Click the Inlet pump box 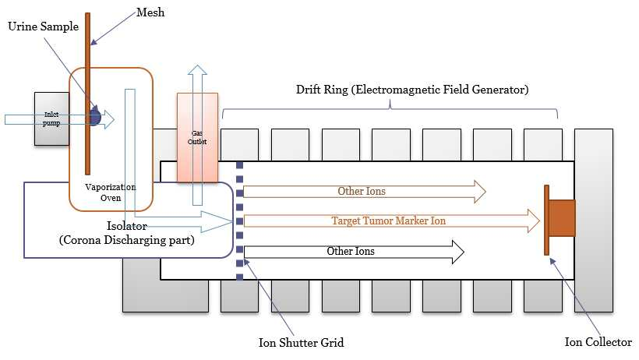click(x=51, y=118)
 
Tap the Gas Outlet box click(x=197, y=137)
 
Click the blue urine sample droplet click(x=95, y=117)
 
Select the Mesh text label click(x=150, y=12)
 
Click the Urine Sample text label click(x=43, y=26)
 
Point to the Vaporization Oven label click(x=111, y=192)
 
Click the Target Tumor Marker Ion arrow click(x=392, y=221)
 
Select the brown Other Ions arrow click(x=365, y=191)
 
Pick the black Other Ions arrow click(x=354, y=252)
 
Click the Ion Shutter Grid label click(x=301, y=343)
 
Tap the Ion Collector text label click(x=598, y=341)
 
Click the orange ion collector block click(x=560, y=219)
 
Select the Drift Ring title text click(x=412, y=90)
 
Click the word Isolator click(x=127, y=225)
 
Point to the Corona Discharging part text click(x=127, y=240)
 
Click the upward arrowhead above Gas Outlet click(x=197, y=69)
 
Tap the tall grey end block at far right click(x=593, y=221)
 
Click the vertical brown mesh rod click(x=87, y=94)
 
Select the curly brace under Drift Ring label click(x=390, y=109)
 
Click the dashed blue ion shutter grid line click(x=240, y=221)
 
